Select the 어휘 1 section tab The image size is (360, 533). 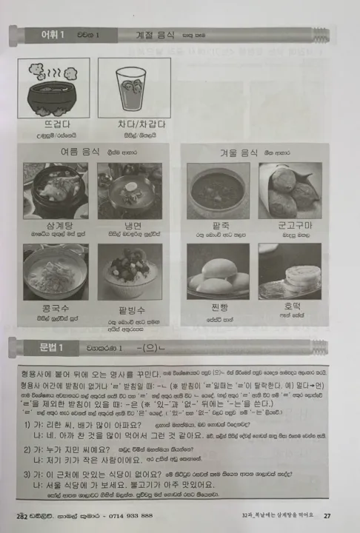(x=43, y=34)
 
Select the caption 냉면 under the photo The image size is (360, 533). (x=130, y=225)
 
